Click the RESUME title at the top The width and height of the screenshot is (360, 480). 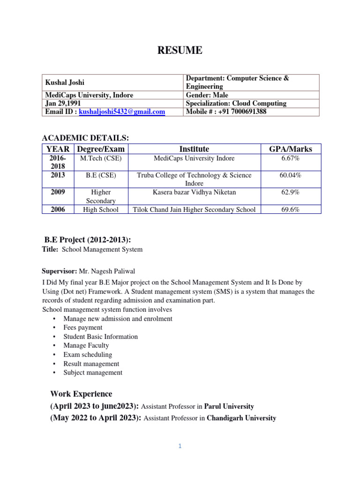(180, 51)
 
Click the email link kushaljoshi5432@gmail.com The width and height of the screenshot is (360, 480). (122, 112)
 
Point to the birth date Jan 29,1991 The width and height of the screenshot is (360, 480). (62, 104)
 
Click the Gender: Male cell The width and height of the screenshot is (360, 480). (207, 95)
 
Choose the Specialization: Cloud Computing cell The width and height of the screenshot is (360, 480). (236, 104)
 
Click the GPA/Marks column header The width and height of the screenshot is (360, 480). (291, 149)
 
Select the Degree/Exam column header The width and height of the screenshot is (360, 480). (101, 149)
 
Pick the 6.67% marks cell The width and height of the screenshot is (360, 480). (291, 158)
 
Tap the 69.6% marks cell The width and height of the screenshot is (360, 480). (291, 210)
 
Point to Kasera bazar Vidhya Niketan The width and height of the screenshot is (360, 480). (194, 192)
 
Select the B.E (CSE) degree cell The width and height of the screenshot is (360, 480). (101, 175)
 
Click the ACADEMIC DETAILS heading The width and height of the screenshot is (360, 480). (85, 137)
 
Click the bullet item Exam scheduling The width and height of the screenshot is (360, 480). (88, 355)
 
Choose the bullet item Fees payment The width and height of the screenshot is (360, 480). (83, 328)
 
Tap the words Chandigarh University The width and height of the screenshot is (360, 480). (241, 418)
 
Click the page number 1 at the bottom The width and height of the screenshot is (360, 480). (180, 446)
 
